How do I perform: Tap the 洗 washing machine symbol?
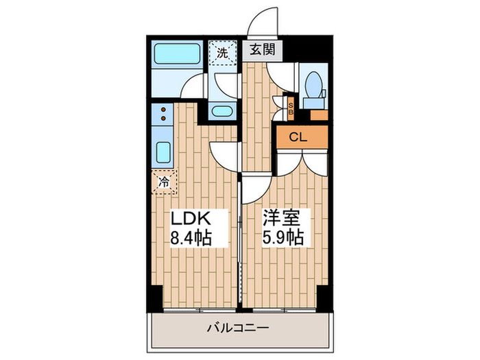pos(222,52)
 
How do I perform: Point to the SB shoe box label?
pos(290,107)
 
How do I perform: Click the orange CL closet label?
pos(298,136)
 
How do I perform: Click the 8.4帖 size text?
pos(190,238)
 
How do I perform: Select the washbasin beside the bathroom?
pos(221,110)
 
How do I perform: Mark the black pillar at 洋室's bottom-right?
pos(324,296)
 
